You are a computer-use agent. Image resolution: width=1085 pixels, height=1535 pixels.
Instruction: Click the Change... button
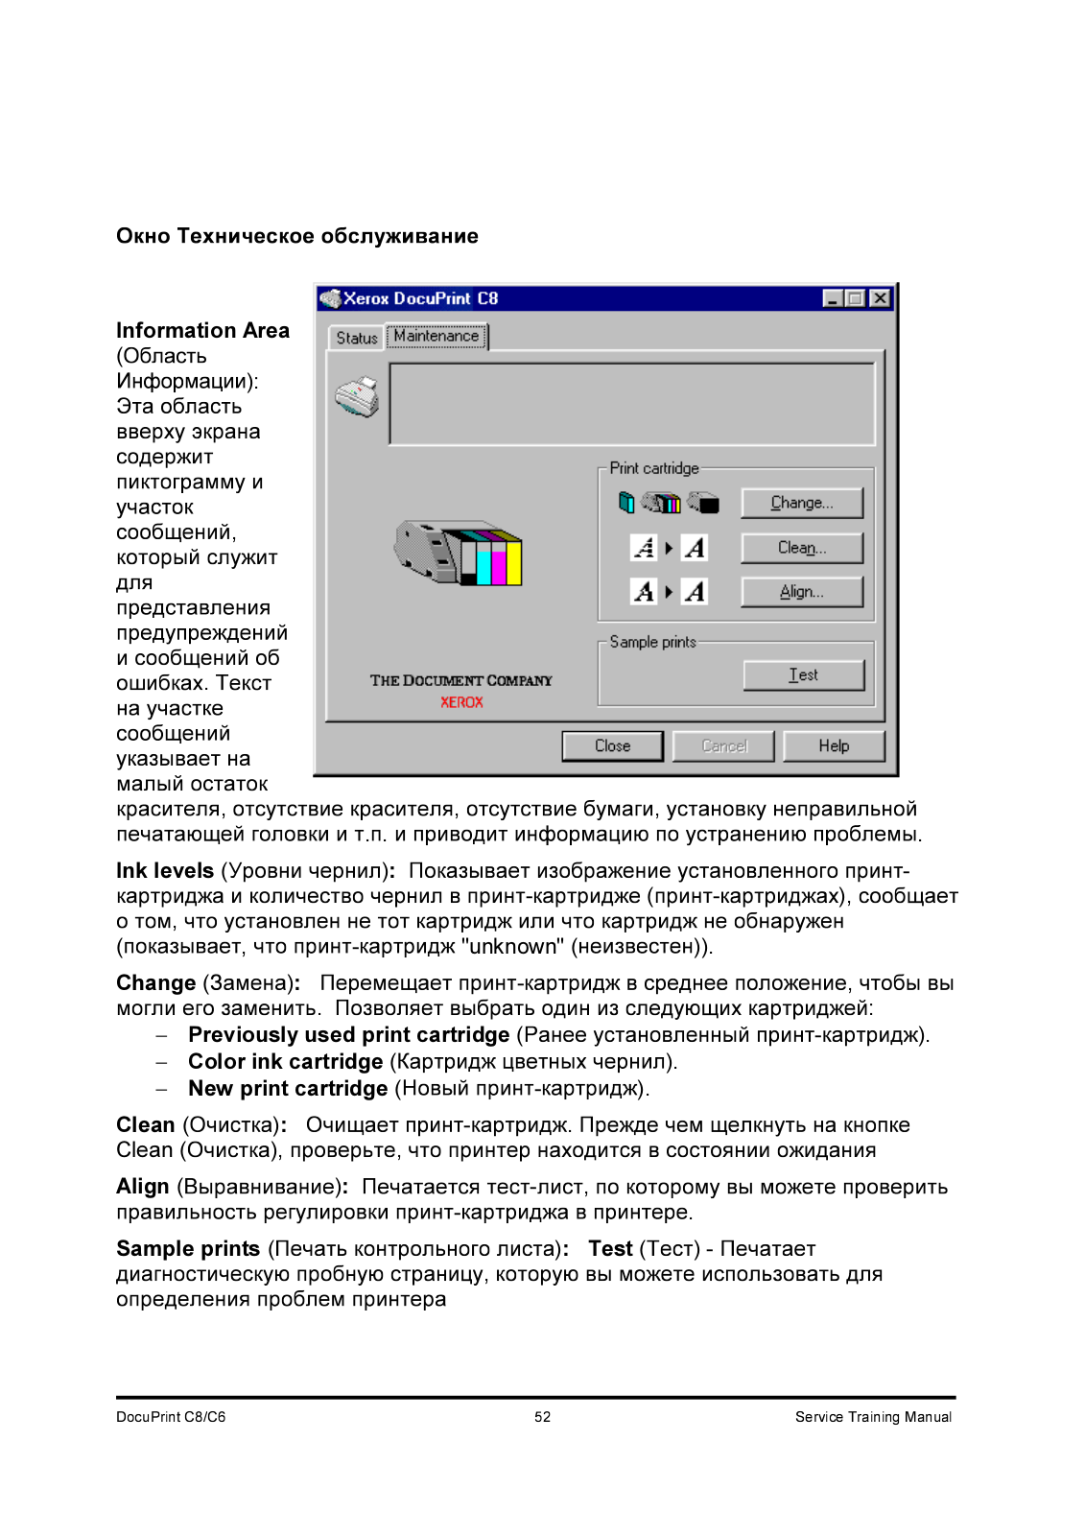click(x=801, y=503)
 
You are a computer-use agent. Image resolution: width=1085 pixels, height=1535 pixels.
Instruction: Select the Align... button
click(x=801, y=592)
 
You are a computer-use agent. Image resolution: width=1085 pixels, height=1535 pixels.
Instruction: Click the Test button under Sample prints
click(x=803, y=675)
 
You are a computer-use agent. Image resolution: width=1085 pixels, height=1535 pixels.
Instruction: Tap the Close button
click(x=612, y=746)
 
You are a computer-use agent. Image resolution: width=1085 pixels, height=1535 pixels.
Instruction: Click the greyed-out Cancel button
click(x=723, y=746)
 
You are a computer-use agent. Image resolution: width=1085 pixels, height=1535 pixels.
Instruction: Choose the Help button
click(x=834, y=746)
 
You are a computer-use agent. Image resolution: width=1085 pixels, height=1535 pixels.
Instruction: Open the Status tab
click(x=356, y=338)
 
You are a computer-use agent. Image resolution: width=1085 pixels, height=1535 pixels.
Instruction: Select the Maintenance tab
click(x=436, y=336)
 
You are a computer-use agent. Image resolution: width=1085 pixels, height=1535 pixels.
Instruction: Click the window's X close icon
click(x=880, y=298)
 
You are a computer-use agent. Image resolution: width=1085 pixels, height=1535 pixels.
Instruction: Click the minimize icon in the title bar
click(x=833, y=298)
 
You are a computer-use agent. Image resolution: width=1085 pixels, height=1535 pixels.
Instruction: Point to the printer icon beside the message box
click(x=357, y=397)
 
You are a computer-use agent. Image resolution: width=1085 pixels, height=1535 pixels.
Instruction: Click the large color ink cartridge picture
click(x=459, y=554)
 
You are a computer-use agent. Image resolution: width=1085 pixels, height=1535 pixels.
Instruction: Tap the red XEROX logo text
click(x=461, y=702)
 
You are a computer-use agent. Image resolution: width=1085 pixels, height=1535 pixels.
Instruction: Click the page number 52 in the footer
click(x=543, y=1417)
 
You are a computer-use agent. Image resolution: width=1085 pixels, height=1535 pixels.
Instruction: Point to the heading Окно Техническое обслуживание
click(x=297, y=236)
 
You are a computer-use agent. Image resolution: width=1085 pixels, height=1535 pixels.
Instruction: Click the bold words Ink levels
click(x=165, y=871)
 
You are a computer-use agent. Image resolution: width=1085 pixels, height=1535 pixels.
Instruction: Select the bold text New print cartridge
click(x=288, y=1089)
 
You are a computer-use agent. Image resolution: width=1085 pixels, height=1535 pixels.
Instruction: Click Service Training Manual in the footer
click(x=873, y=1417)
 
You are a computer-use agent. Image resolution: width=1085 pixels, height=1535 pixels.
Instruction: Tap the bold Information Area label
click(x=202, y=331)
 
